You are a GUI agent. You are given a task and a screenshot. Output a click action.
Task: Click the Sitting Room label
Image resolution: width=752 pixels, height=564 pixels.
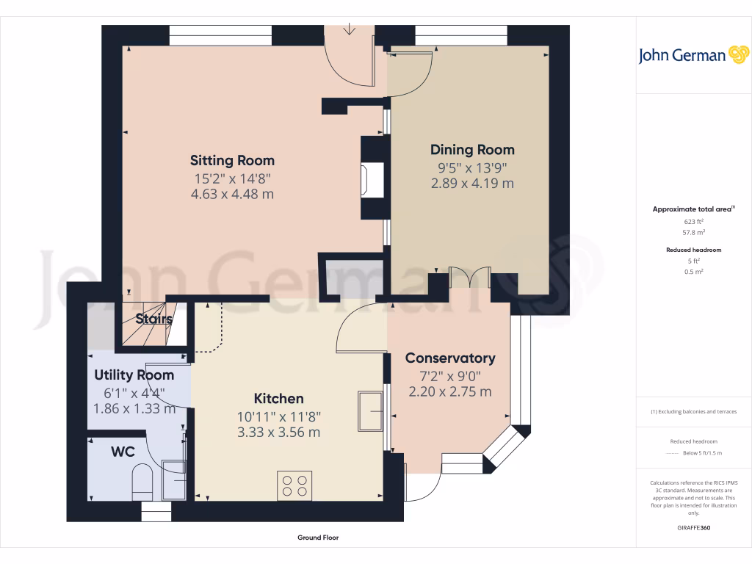232,160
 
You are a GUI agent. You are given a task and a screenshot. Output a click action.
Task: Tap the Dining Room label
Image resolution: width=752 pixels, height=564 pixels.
472,150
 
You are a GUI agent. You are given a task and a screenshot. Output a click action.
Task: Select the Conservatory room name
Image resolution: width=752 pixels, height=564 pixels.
450,358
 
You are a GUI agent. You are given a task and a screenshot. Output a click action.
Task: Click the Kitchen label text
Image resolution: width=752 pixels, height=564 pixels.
278,399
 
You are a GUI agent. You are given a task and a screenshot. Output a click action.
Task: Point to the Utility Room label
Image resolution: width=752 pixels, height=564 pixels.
134,375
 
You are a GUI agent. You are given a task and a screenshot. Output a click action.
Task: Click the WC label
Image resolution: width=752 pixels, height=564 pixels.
123,452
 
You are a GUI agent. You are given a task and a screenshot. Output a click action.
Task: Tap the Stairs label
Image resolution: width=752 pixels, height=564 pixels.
154,319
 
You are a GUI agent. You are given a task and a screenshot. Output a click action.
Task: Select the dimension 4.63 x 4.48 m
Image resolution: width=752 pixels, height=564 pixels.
232,195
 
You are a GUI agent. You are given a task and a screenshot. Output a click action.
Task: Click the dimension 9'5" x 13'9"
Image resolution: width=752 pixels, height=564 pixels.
472,167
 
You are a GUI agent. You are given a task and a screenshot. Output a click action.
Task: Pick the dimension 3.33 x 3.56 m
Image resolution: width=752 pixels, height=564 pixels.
278,433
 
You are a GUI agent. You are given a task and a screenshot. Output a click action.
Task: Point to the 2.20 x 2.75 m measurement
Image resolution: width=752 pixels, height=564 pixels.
450,392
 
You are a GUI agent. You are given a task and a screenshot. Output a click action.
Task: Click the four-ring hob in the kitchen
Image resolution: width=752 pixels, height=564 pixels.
294,485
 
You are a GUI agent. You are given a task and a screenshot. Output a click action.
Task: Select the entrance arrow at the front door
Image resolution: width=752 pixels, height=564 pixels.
350,30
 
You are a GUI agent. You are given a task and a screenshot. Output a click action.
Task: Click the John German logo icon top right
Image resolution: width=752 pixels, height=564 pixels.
737,55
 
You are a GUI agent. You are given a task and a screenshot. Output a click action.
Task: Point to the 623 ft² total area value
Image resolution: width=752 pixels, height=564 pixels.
693,221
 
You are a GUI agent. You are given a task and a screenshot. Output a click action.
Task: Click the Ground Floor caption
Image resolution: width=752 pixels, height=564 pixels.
318,538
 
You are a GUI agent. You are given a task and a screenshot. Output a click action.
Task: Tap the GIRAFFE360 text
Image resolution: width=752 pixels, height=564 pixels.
693,527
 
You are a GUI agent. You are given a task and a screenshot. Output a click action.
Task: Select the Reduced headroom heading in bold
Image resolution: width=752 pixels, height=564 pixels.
693,250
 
